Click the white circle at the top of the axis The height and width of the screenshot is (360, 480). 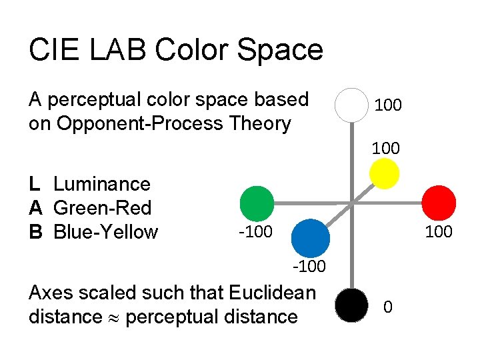coord(352,105)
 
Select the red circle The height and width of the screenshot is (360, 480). coord(440,202)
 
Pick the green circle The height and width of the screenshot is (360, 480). coord(257,203)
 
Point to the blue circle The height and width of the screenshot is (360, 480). coord(311,236)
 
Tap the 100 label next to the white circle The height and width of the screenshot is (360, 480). coord(388,105)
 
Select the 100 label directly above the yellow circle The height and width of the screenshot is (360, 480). coord(386,149)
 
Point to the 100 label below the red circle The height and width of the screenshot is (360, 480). coord(438,232)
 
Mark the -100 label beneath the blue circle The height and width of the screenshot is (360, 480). coord(308,267)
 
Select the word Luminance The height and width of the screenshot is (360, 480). coord(102,184)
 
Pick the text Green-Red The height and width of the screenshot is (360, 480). coord(102,208)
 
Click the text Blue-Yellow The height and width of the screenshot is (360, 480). coord(105,232)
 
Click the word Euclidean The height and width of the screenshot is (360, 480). coord(271,293)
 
